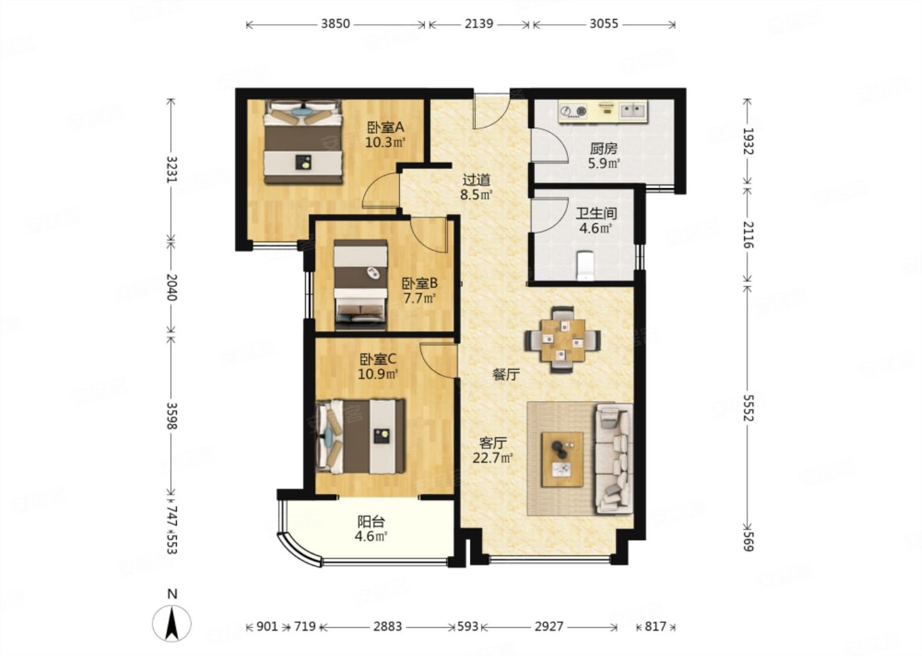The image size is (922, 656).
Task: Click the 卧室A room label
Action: (x=385, y=127)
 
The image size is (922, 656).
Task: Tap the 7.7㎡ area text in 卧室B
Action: (x=419, y=298)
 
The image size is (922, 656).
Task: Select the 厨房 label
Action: (x=604, y=149)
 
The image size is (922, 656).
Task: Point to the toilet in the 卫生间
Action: (x=585, y=266)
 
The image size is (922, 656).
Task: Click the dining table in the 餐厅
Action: (x=563, y=340)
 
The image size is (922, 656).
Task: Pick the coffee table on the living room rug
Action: (x=562, y=459)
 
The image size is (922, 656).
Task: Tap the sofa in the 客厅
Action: (x=615, y=459)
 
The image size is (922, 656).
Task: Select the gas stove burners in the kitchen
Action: (x=574, y=111)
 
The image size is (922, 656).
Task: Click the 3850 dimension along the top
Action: (x=336, y=24)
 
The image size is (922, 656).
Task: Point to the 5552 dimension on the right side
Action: (x=748, y=408)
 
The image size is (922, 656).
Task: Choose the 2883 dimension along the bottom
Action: (x=387, y=627)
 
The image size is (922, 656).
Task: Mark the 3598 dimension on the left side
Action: (x=172, y=416)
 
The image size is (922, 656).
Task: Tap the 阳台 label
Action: (x=371, y=521)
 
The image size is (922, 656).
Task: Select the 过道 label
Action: (x=476, y=180)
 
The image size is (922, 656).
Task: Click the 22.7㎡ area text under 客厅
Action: (x=493, y=457)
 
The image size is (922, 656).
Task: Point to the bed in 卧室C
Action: (x=360, y=436)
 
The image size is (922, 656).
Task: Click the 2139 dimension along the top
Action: (x=479, y=24)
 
